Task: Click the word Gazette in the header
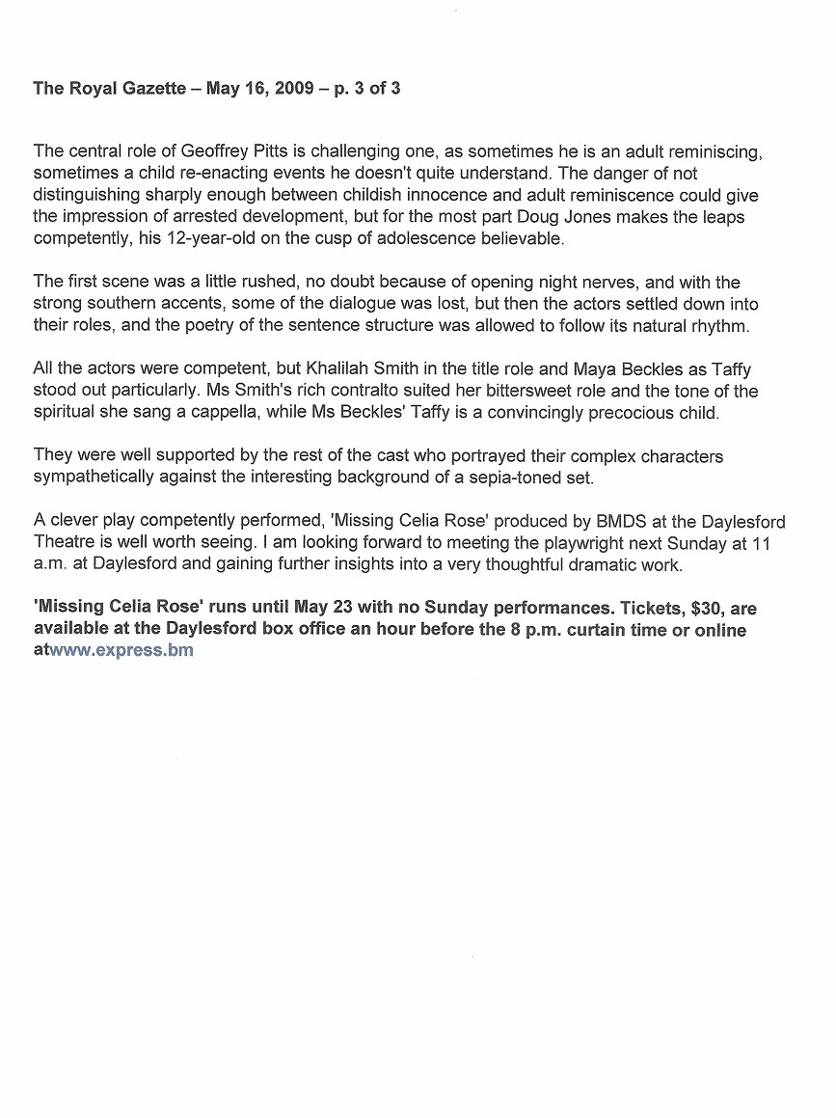(x=149, y=89)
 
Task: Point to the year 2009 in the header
(x=294, y=89)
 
